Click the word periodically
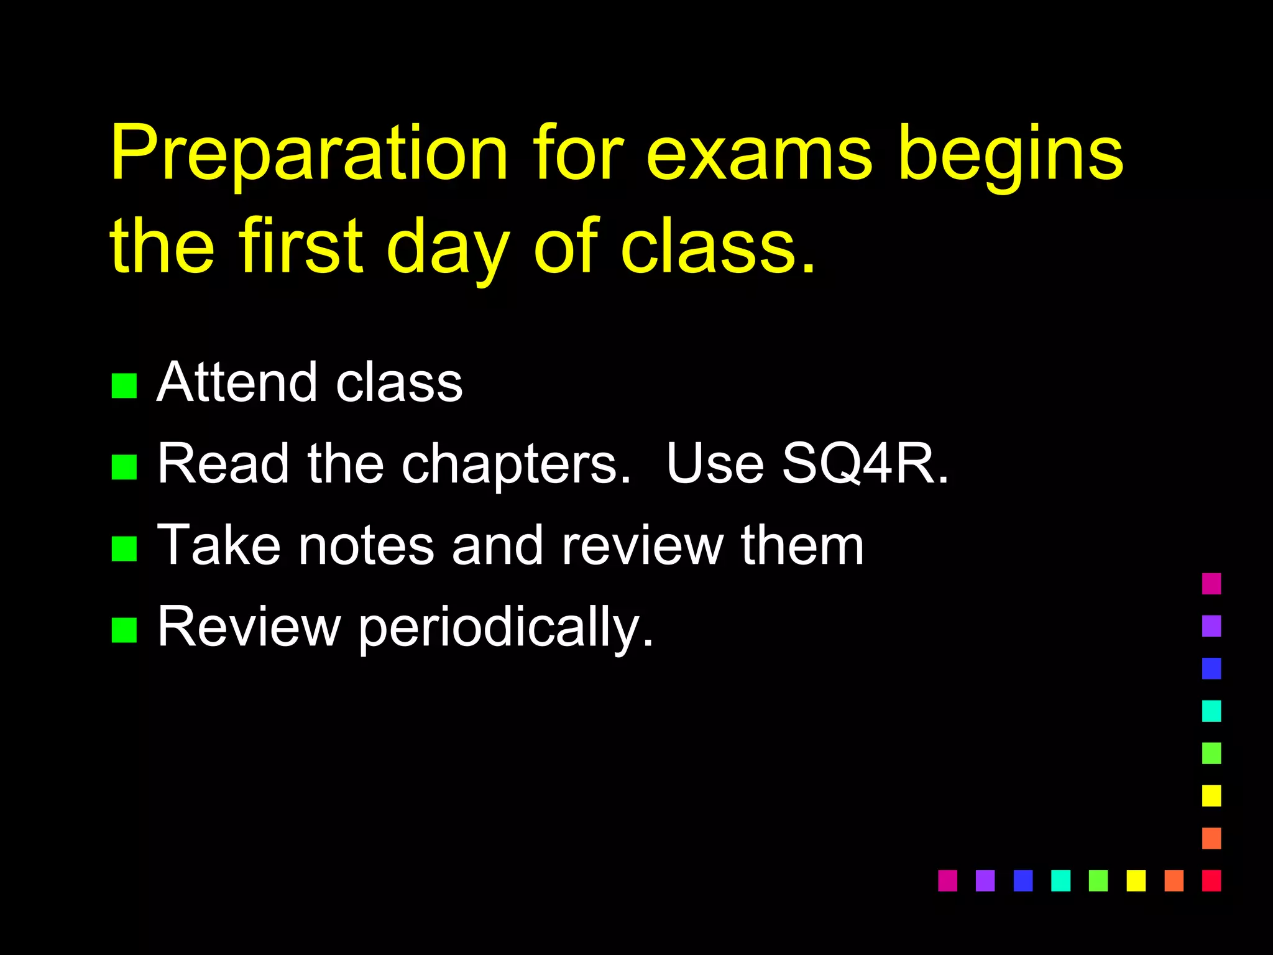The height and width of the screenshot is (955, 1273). (x=506, y=628)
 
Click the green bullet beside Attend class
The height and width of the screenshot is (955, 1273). (x=124, y=385)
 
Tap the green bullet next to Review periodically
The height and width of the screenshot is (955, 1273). (x=124, y=629)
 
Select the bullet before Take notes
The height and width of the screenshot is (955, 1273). (x=124, y=548)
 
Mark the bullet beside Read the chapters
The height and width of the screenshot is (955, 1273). (x=124, y=467)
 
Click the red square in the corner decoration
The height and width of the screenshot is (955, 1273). (x=1211, y=880)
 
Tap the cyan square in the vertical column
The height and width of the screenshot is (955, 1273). (x=1211, y=711)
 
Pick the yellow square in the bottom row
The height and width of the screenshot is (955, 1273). (x=1136, y=880)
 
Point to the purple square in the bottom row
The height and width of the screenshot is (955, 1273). (x=985, y=880)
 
